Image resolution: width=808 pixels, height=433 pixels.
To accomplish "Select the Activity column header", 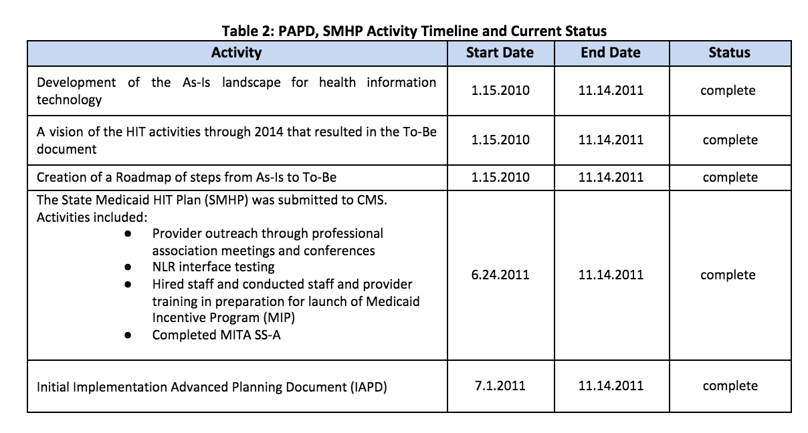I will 236,53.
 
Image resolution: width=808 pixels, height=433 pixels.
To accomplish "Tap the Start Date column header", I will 500,53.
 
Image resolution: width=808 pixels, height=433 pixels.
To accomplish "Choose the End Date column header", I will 610,53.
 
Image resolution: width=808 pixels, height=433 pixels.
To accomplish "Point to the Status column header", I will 729,53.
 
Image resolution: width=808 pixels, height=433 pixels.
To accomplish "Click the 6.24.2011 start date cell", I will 500,275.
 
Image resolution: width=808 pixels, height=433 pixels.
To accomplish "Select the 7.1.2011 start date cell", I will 500,386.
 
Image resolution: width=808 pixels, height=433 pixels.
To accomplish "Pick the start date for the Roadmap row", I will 500,178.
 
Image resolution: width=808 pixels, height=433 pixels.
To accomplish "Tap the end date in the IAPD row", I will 610,386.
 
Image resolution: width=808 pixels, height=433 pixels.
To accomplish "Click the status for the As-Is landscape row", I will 728,90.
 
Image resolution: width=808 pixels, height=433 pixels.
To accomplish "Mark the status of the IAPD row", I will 730,386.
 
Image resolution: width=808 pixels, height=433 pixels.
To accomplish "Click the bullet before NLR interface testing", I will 128,267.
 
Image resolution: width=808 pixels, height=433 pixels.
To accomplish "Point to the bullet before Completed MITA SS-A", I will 128,335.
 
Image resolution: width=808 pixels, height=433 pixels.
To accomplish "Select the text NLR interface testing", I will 213,267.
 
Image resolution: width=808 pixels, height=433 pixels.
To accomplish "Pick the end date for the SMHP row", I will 610,275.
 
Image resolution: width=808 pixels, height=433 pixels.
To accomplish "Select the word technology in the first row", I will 69,100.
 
